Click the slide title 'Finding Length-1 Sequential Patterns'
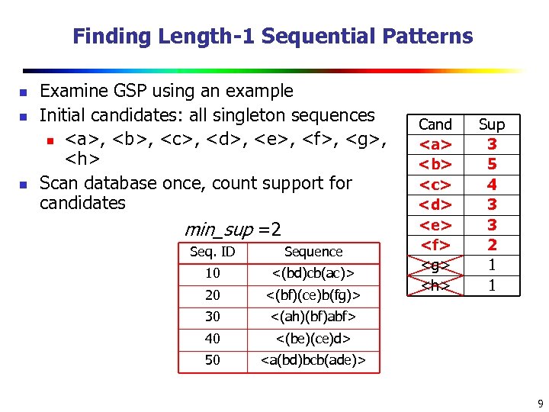273,36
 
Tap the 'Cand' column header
435,124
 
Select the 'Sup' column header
492,124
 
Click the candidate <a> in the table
435,144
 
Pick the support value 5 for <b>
492,164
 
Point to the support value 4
492,185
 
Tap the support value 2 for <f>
492,245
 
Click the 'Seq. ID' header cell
213,252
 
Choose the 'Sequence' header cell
313,252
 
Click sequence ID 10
213,273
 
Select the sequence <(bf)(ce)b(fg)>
313,295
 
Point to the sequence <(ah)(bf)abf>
313,316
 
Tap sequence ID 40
213,338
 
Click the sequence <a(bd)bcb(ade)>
313,359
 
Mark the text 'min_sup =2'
233,229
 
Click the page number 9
539,403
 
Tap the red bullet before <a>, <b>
49,141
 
